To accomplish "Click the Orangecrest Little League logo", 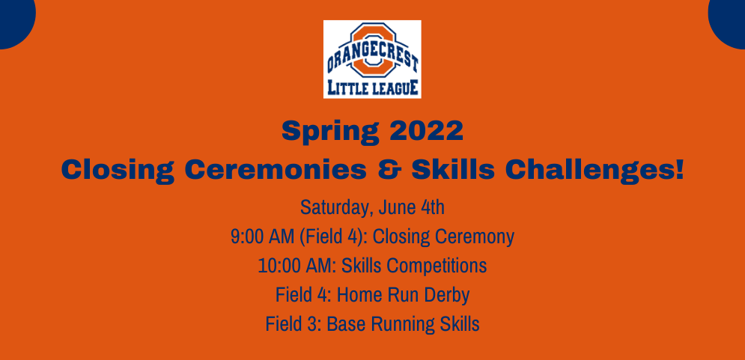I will tap(372, 58).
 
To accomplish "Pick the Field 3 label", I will tap(288, 325).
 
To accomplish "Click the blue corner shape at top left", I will tap(13, 19).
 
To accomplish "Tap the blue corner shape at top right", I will tap(730, 19).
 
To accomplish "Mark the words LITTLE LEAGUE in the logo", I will tap(372, 88).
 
